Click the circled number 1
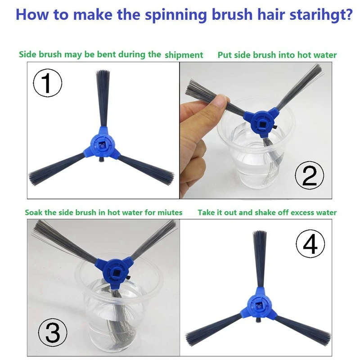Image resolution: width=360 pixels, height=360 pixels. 48,83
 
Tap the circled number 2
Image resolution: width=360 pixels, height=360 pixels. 309,175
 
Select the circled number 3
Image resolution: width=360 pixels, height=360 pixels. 53,333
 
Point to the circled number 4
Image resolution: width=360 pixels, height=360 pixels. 310,244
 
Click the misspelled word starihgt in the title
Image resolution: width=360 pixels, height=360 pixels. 321,14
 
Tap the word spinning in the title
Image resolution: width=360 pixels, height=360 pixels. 176,15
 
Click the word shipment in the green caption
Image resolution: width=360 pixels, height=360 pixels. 184,55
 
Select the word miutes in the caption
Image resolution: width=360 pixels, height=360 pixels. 170,212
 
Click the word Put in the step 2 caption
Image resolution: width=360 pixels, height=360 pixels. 223,55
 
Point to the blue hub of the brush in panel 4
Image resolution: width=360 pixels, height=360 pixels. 258,305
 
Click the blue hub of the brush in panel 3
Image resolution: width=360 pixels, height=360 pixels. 114,273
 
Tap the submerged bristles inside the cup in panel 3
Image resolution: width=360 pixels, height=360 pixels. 117,319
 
